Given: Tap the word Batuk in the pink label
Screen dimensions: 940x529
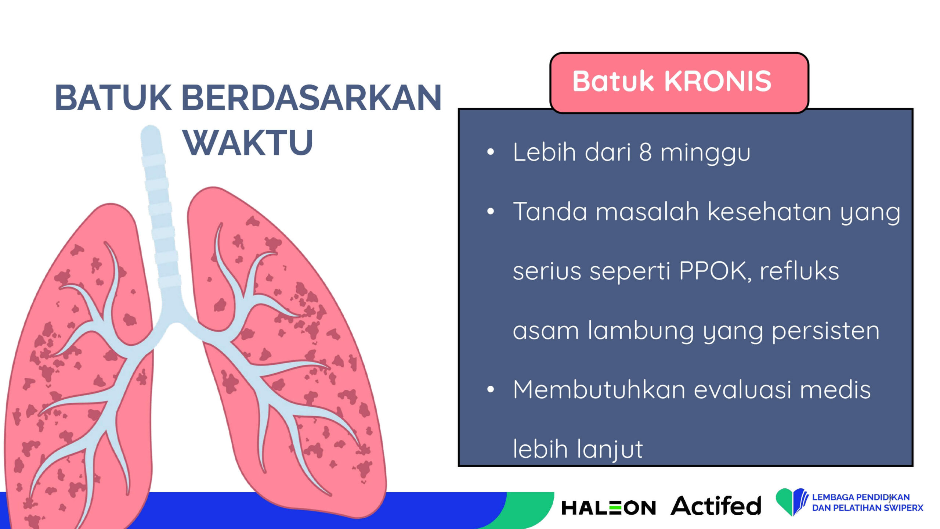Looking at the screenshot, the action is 613,81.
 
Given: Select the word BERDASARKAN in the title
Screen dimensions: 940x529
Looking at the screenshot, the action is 312,98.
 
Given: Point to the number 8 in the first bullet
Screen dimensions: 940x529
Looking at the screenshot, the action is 645,152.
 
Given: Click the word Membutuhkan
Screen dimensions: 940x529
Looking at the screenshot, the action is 599,389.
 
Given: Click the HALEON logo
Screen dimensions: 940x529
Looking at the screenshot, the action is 608,508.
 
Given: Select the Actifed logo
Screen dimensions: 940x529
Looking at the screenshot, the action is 716,505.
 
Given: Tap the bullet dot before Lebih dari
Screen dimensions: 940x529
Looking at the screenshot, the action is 491,152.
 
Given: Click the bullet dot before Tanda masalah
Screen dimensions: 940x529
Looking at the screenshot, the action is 491,211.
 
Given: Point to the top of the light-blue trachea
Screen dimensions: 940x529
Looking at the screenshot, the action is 151,127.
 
